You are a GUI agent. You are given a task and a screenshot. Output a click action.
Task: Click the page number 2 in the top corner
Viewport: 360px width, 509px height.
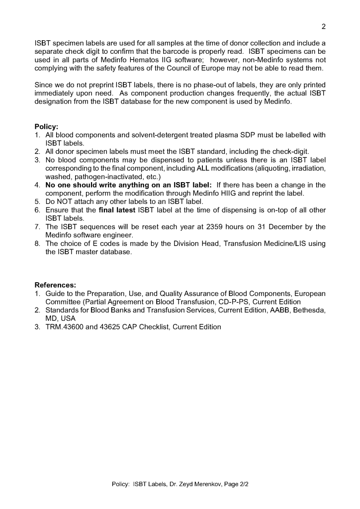click(x=324, y=26)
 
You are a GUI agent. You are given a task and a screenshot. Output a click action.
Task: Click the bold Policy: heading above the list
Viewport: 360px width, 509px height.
click(x=46, y=126)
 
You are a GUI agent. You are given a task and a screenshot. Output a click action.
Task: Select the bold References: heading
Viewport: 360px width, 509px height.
click(x=55, y=285)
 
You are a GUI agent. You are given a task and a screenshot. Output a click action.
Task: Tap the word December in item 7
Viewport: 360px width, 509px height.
click(x=280, y=227)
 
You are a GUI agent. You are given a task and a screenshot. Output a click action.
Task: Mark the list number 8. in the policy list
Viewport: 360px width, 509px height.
click(x=38, y=244)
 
